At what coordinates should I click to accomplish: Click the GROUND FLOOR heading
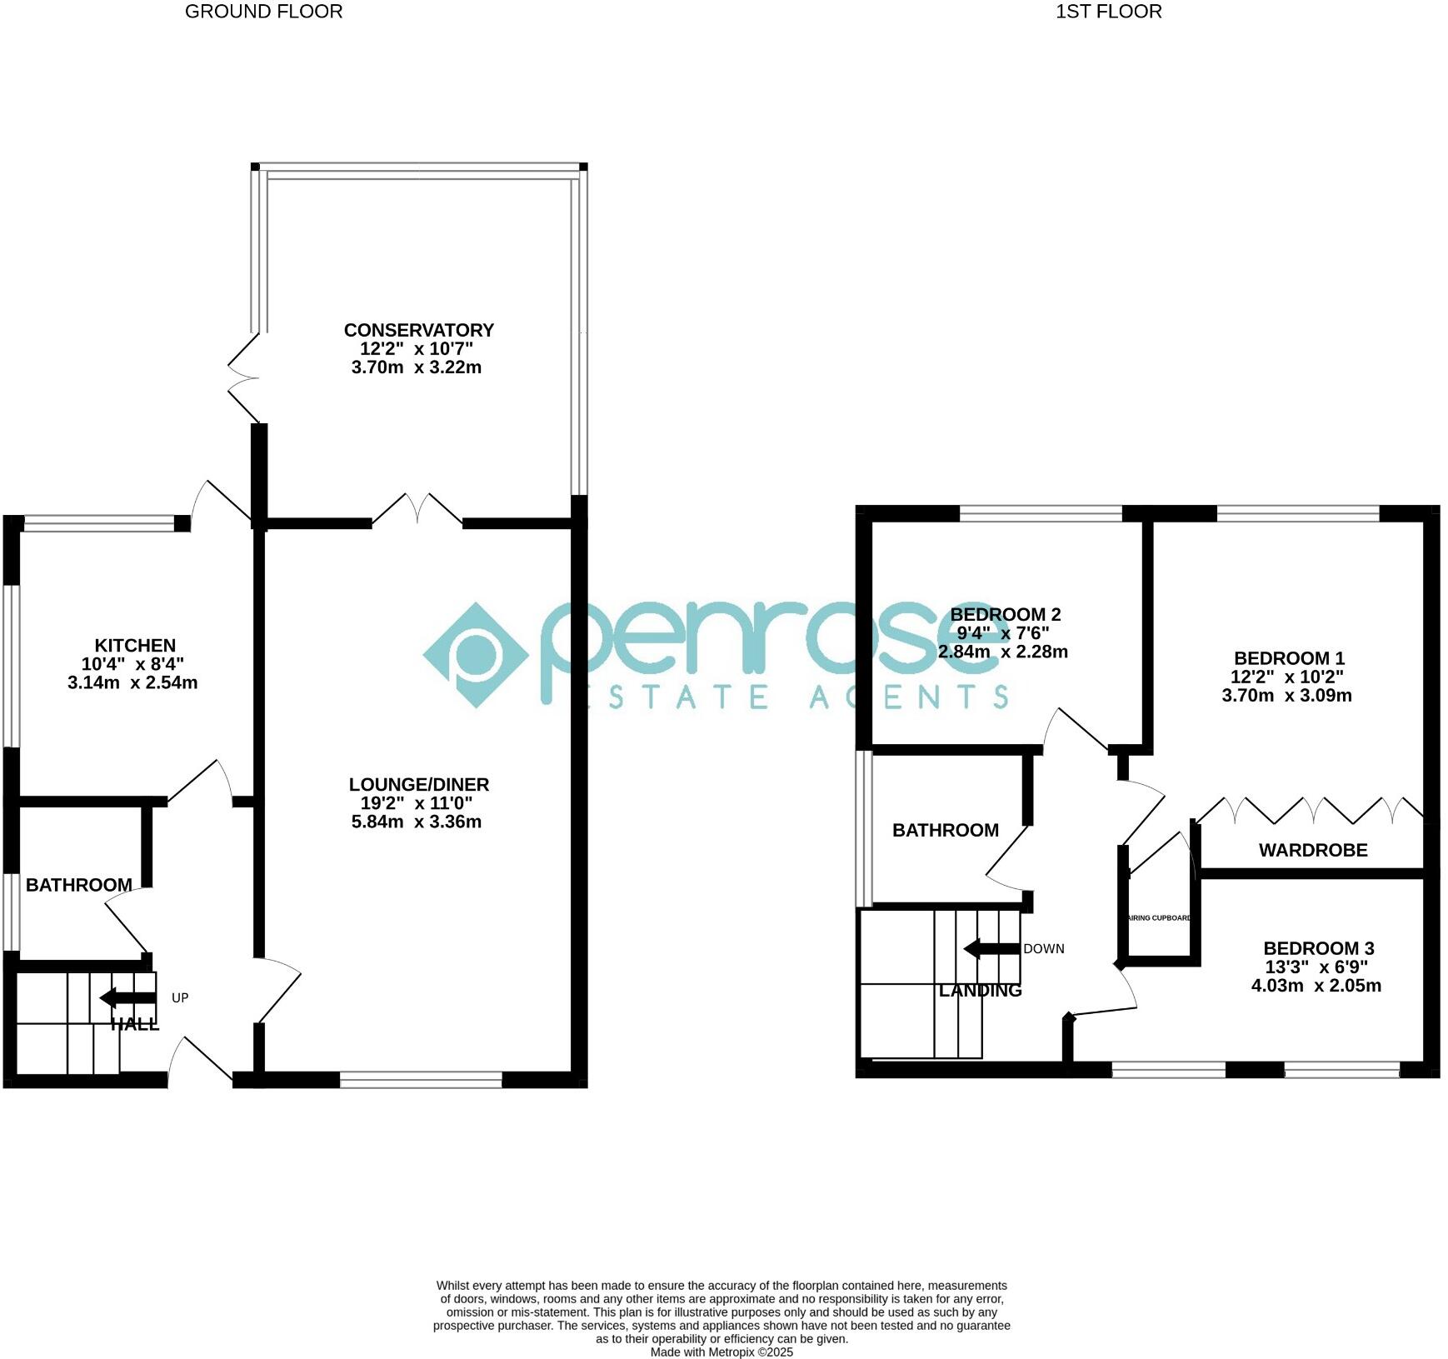[x=263, y=12]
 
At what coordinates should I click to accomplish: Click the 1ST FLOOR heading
[x=1108, y=12]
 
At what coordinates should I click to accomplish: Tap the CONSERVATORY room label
[x=418, y=330]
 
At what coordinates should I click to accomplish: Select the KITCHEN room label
[x=135, y=645]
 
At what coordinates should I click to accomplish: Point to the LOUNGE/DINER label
[x=418, y=784]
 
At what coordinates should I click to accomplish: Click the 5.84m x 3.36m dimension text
[x=417, y=822]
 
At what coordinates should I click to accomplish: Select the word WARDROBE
[x=1313, y=850]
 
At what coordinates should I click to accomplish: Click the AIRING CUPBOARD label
[x=1159, y=918]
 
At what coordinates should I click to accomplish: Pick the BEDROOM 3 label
[x=1318, y=948]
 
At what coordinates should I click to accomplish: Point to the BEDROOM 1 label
[x=1289, y=658]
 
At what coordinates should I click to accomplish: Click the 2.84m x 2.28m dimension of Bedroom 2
[x=1003, y=652]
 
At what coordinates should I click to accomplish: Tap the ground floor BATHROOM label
[x=79, y=885]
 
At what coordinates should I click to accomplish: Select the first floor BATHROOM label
[x=945, y=830]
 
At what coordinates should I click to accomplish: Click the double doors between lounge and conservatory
[x=417, y=510]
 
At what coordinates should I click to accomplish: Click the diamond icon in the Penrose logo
[x=475, y=655]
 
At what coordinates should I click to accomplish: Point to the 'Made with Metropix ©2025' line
[x=722, y=1352]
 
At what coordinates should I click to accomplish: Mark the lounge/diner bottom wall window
[x=421, y=1081]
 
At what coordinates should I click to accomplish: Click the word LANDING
[x=980, y=991]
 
